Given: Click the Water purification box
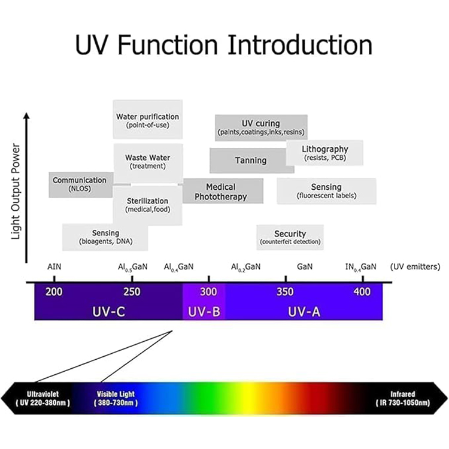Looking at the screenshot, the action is [x=148, y=119].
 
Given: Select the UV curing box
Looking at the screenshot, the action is [x=261, y=128].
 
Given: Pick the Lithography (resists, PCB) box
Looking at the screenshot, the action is [x=324, y=153].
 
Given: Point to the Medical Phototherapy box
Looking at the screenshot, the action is [x=223, y=191].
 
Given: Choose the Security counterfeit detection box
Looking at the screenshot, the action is [x=290, y=238].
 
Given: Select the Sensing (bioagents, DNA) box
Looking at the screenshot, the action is [x=105, y=238].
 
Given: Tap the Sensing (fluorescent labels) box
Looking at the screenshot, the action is [x=326, y=191].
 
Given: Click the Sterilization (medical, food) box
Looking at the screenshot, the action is [x=148, y=205].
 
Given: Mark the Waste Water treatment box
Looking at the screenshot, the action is [x=148, y=163].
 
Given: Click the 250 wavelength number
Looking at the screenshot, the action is [x=132, y=292].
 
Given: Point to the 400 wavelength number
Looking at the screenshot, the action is [x=362, y=292].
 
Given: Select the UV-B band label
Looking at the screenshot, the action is [x=204, y=312].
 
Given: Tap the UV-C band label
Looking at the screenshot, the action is [x=109, y=312].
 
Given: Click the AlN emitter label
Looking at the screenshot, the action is [x=54, y=267].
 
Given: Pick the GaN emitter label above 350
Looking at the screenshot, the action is [x=305, y=267].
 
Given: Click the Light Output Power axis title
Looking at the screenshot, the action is [x=16, y=192].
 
